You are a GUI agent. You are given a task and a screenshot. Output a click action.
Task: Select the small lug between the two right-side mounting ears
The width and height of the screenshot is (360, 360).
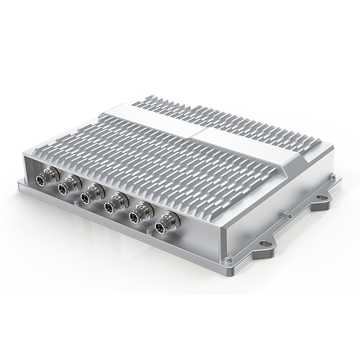tap(288, 212)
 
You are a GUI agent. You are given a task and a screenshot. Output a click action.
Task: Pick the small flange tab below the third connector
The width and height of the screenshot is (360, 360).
tap(78, 203)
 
